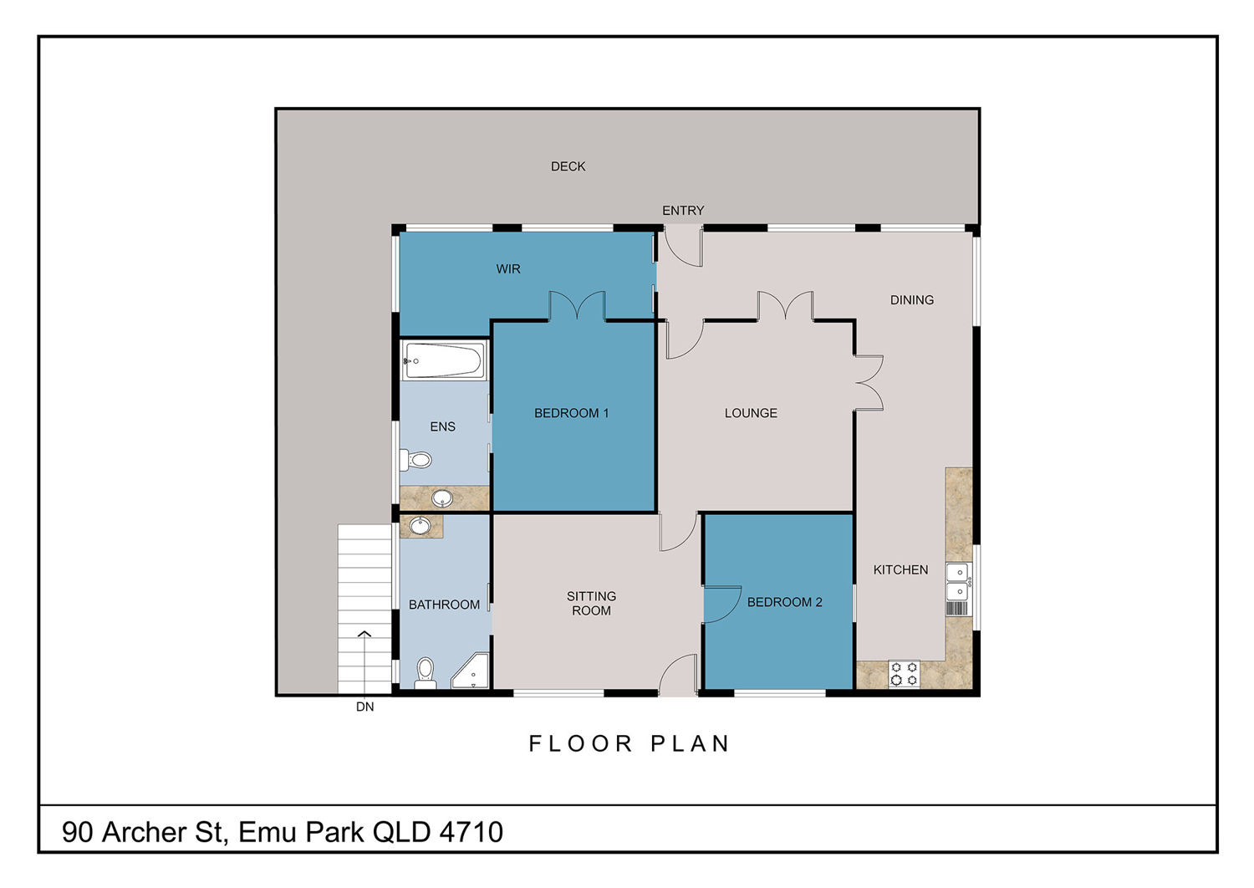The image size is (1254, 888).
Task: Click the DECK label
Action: coord(568,166)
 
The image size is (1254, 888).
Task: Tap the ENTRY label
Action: coord(683,211)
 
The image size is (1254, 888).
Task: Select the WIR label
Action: coord(507,268)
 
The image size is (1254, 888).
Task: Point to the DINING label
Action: coord(911,300)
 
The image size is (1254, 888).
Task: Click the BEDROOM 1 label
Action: coord(571,413)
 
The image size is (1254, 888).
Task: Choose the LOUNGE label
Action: coord(751,413)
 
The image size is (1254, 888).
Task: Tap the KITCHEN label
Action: coord(900,570)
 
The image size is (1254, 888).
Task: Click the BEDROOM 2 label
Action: coord(784,602)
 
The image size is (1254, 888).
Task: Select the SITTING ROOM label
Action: coord(591,604)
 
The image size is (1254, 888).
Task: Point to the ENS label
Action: coord(442,426)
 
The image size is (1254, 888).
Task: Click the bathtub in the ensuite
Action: coord(444,360)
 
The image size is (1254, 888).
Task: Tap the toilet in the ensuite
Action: coord(416,460)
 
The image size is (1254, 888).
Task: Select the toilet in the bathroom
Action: coord(425,672)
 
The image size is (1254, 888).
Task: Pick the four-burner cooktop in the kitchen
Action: coord(904,674)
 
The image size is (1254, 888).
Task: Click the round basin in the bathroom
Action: coord(420,526)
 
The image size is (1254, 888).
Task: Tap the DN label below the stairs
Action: coord(364,707)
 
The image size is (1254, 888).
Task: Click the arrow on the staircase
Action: coord(364,663)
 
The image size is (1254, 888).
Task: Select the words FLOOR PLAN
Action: coord(630,743)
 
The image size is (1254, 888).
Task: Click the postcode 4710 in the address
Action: coord(471,832)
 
